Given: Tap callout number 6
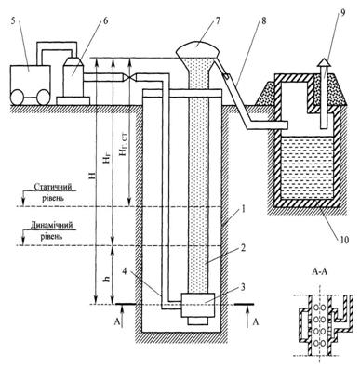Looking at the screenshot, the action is click(x=106, y=23).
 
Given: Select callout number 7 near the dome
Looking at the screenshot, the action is click(x=217, y=21).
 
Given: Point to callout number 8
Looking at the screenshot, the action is click(x=263, y=22).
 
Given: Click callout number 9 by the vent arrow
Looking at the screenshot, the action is click(x=342, y=13).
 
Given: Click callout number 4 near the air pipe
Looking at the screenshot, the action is click(x=125, y=271).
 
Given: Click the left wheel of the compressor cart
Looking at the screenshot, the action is click(x=17, y=97).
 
